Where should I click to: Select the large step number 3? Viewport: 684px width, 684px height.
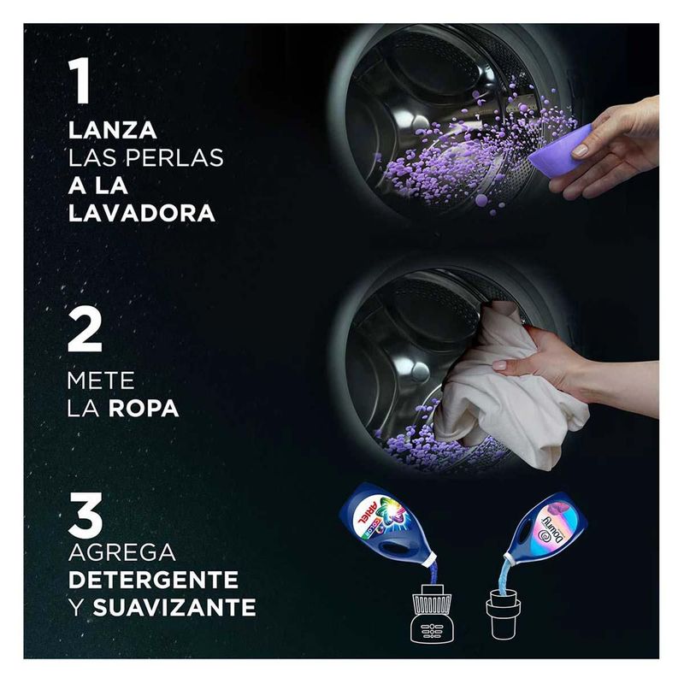(85, 516)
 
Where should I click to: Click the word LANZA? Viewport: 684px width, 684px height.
(113, 131)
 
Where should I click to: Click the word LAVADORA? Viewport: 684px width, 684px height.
(142, 213)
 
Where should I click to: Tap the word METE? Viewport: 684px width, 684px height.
(101, 380)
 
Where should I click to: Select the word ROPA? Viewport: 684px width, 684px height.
(144, 409)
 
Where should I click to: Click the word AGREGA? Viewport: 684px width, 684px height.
(122, 552)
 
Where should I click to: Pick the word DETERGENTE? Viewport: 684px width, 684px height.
(154, 580)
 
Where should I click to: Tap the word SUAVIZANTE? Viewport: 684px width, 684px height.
(174, 607)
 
